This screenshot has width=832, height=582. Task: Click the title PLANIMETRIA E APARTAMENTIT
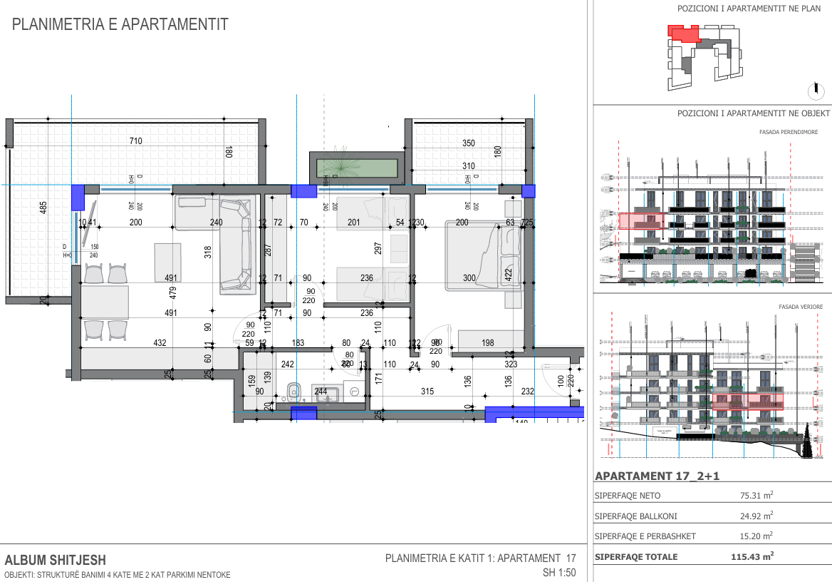120,25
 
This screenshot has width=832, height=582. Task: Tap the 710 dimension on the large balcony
135,141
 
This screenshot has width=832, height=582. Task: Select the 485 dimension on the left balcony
43,208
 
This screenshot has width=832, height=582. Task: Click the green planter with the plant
357,168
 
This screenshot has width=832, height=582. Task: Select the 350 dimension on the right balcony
468,143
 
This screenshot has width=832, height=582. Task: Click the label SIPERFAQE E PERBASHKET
645,536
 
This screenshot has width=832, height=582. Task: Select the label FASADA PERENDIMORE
789,132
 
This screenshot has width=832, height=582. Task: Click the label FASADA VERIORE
801,307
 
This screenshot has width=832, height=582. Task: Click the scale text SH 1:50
558,573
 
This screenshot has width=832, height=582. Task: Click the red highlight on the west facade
641,221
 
